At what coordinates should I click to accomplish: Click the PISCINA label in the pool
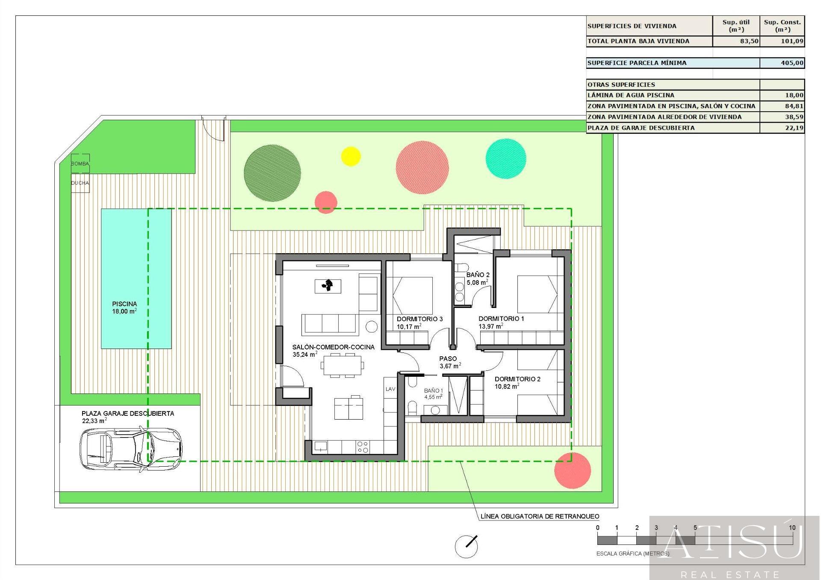tap(124, 304)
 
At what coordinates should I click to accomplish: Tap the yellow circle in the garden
tap(351, 156)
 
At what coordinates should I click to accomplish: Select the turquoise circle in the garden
tap(506, 159)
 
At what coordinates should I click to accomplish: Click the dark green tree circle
tap(272, 173)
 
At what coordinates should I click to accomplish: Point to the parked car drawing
tap(131, 449)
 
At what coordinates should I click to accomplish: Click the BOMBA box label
tap(80, 164)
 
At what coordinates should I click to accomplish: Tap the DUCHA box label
tap(80, 183)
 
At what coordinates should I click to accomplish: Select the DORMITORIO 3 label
tap(419, 319)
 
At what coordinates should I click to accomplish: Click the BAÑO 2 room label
tap(478, 275)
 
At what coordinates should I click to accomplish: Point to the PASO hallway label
tap(448, 359)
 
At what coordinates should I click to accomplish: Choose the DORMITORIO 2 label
tap(517, 379)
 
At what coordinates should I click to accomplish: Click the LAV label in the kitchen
tap(390, 389)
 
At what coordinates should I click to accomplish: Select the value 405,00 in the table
tap(792, 63)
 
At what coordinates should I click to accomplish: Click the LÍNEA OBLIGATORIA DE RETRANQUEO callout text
tap(540, 516)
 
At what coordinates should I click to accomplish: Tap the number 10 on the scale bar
tap(792, 528)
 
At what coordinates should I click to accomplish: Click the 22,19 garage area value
tap(794, 128)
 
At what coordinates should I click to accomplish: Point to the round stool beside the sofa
tap(372, 327)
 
